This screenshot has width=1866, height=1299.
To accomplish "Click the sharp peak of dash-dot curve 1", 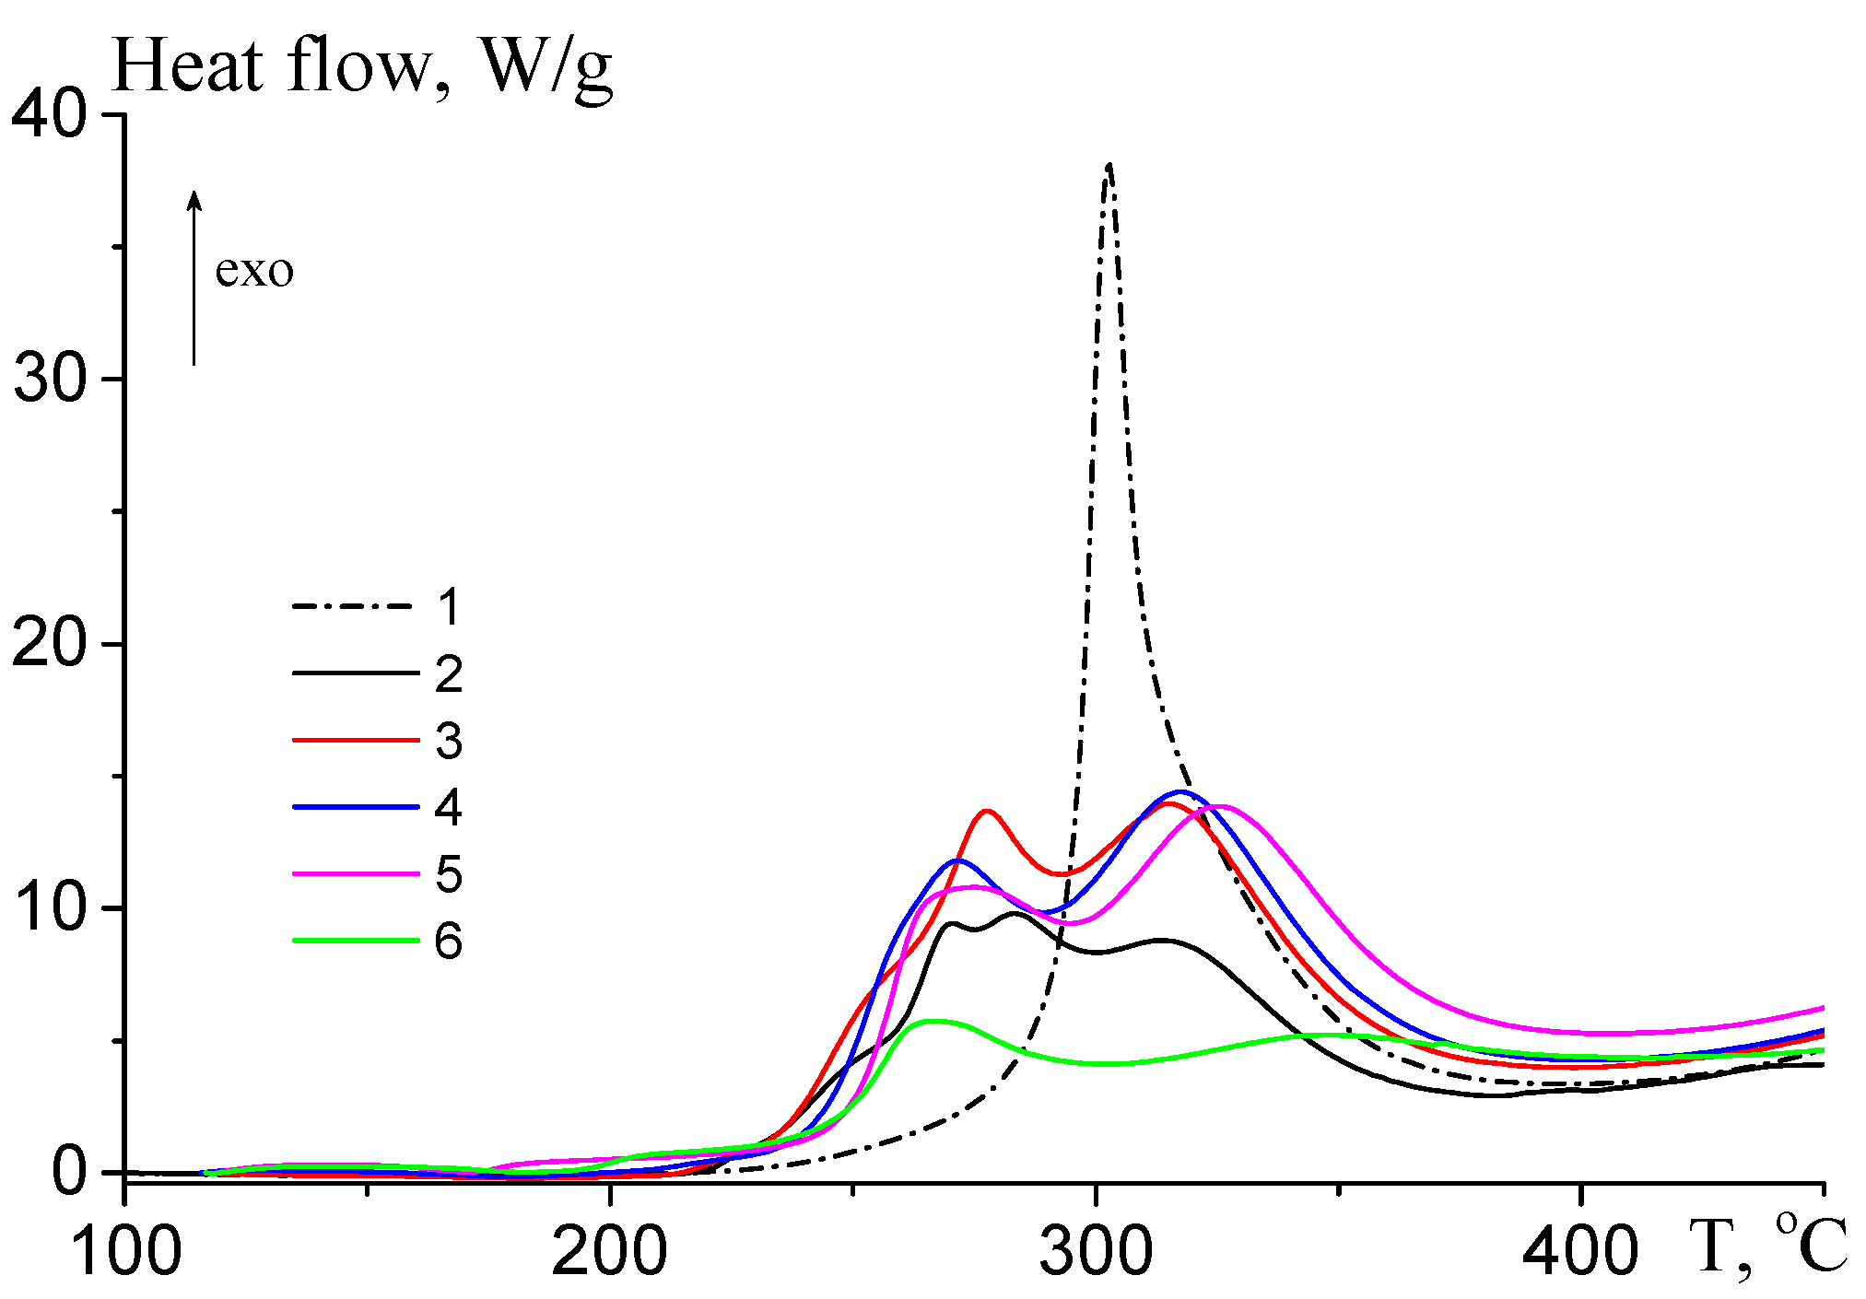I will pyautogui.click(x=1109, y=167).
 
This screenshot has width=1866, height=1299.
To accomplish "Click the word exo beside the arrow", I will pyautogui.click(x=254, y=271).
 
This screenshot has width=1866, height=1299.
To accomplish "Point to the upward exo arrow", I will pyautogui.click(x=194, y=276).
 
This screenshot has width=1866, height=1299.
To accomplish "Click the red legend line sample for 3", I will pyautogui.click(x=356, y=740).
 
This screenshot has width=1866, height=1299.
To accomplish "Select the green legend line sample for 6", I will pyautogui.click(x=356, y=941).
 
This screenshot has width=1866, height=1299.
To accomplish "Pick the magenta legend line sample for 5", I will pyautogui.click(x=356, y=873).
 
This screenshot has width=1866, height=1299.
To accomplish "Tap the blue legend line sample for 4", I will pyautogui.click(x=356, y=807).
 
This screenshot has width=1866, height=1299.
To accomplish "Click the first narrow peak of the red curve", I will pyautogui.click(x=987, y=812).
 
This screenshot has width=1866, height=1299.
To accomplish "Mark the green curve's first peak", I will pyautogui.click(x=933, y=1021).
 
